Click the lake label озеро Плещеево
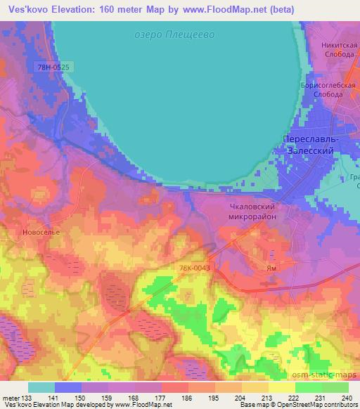[173, 34]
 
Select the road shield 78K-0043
[194, 268]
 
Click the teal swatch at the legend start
[41, 387]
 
